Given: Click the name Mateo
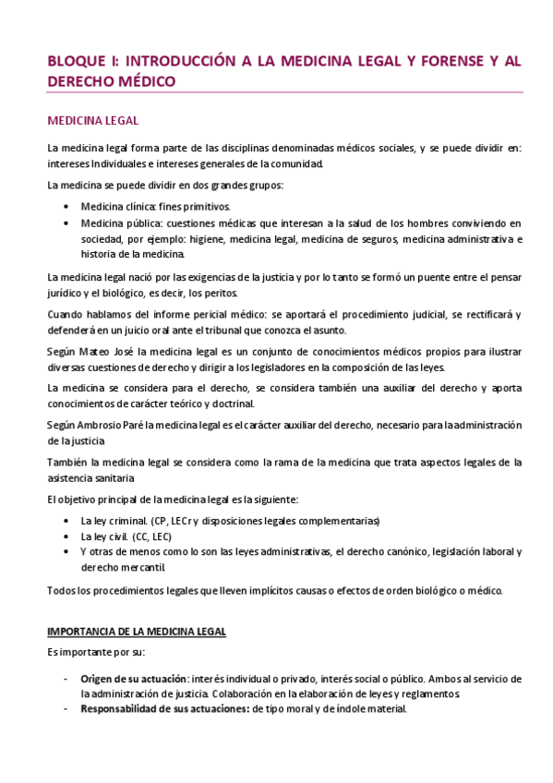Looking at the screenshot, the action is [95, 352].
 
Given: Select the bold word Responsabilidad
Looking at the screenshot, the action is [120, 709].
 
